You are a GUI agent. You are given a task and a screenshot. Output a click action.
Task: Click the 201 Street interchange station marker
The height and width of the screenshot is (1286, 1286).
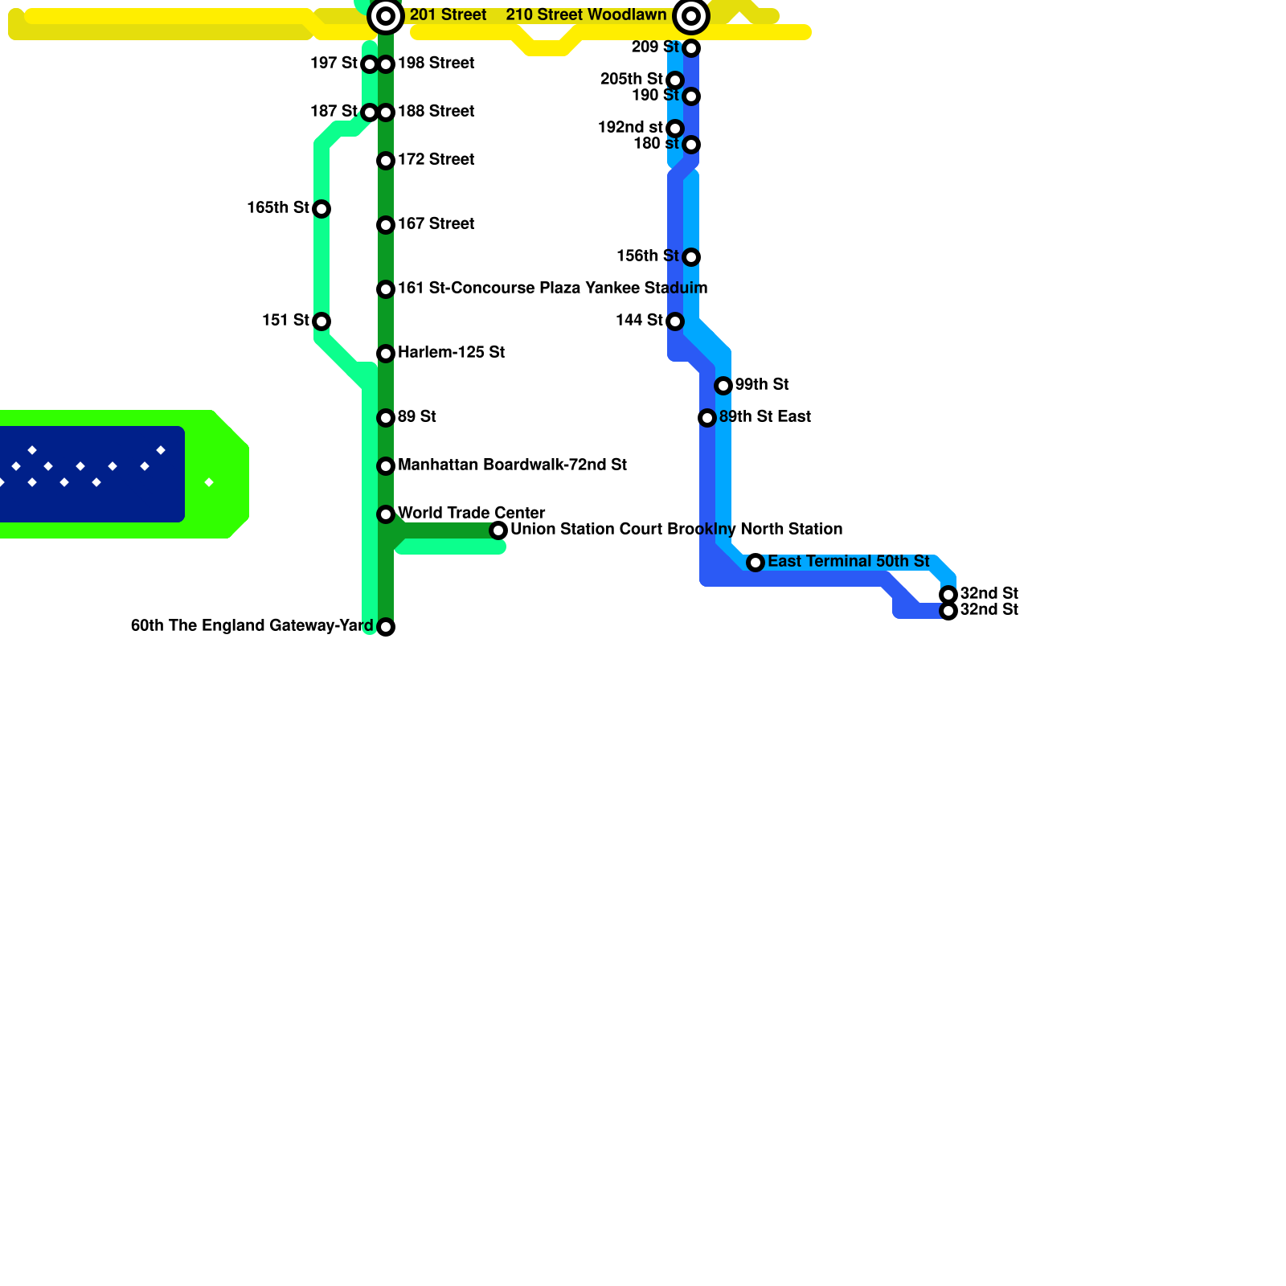(386, 16)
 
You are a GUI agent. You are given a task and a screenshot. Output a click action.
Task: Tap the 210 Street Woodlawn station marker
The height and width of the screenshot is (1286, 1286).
(691, 16)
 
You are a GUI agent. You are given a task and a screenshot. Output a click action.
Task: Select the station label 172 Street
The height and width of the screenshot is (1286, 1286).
(436, 160)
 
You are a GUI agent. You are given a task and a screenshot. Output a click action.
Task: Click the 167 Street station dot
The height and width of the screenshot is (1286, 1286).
(386, 225)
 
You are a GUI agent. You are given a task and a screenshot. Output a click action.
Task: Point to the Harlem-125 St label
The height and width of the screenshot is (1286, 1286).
(451, 353)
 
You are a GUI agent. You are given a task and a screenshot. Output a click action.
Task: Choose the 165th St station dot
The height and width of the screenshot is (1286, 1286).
(321, 209)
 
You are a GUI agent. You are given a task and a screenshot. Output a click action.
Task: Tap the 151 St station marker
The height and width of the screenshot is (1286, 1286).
(321, 321)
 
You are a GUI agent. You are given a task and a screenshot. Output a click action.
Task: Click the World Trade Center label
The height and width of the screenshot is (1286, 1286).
(471, 514)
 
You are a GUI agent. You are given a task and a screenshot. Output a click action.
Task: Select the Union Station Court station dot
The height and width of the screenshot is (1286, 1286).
(498, 530)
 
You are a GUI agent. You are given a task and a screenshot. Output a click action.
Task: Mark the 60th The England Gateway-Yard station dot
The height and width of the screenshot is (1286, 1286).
(386, 627)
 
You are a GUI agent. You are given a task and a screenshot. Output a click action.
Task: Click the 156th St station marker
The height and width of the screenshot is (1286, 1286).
(691, 257)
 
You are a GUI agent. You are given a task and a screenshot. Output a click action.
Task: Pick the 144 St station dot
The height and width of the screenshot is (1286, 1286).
(675, 321)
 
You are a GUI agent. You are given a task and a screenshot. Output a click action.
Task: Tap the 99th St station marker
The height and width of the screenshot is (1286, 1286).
(723, 386)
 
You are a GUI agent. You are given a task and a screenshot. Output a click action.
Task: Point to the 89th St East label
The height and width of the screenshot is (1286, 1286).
(764, 417)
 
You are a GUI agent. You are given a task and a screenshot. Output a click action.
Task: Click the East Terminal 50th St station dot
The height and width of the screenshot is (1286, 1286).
(756, 563)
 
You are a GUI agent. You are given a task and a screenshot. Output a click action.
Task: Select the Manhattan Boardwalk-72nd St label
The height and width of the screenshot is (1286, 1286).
(512, 465)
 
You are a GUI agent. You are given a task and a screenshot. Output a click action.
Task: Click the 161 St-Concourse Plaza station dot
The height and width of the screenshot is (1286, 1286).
(386, 289)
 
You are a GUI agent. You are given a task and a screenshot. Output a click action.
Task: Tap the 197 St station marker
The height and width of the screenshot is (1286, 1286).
(370, 64)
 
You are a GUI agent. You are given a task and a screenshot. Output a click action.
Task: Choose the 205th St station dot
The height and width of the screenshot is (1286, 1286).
(675, 80)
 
